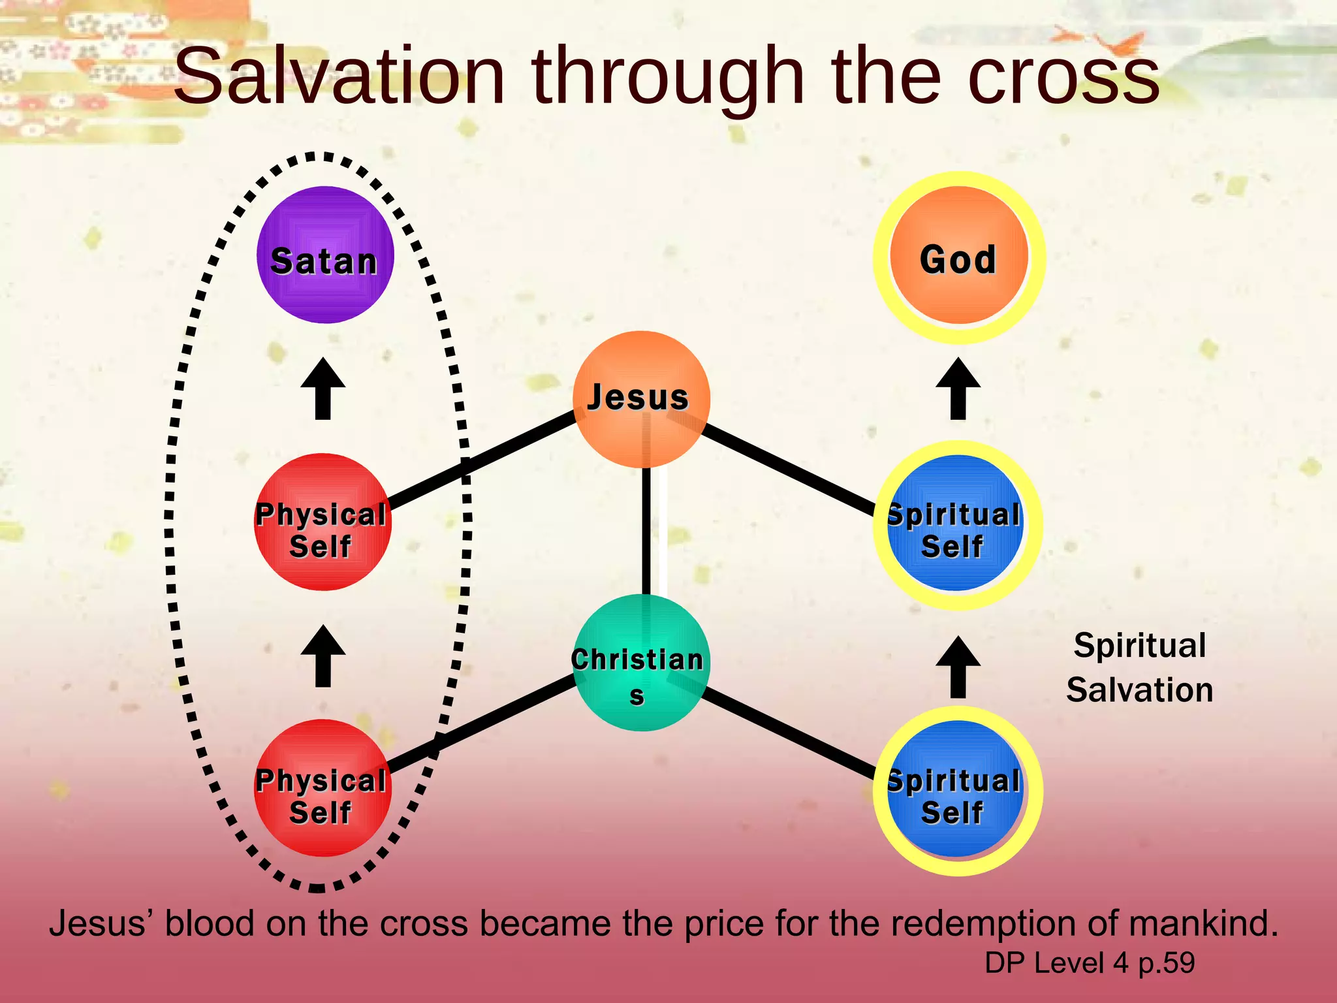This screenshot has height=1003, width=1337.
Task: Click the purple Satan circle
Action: click(x=325, y=255)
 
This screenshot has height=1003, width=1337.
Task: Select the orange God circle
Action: click(x=958, y=256)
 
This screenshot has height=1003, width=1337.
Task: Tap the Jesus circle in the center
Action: click(x=641, y=399)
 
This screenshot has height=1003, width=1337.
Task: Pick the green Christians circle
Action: click(x=641, y=663)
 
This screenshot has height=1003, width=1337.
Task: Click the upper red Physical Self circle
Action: click(x=322, y=522)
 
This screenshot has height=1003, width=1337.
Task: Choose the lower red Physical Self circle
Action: click(x=322, y=788)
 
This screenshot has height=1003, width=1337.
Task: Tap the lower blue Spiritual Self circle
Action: click(x=956, y=789)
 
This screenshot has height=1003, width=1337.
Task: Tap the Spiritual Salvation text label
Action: click(x=1140, y=667)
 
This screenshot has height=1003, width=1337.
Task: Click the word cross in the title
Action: click(x=1063, y=77)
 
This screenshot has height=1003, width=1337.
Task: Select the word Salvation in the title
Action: click(x=339, y=77)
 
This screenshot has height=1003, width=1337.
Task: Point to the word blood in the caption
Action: click(x=209, y=924)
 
